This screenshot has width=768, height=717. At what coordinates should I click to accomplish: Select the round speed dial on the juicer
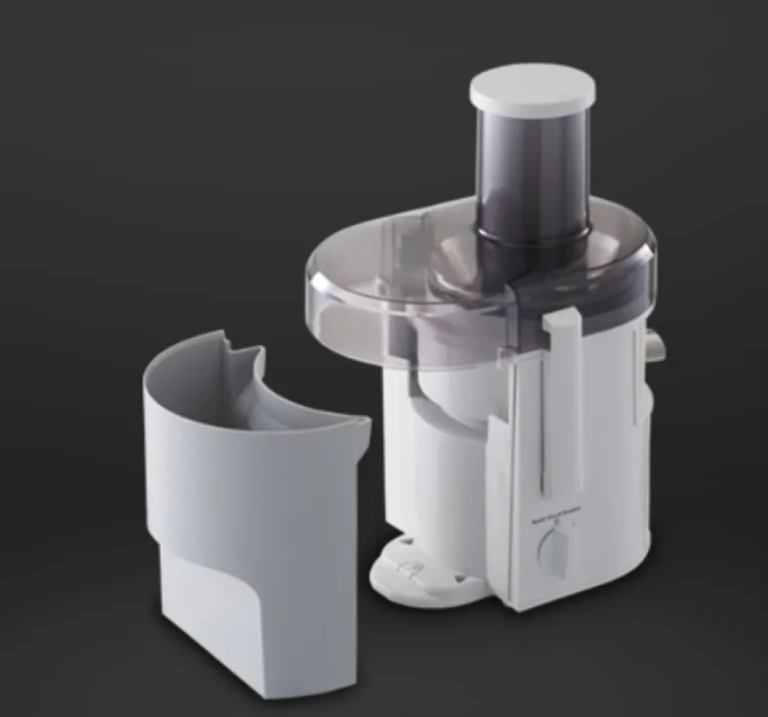[555, 549]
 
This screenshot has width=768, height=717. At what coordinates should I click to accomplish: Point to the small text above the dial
[556, 517]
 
